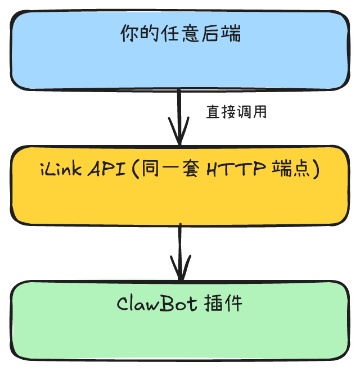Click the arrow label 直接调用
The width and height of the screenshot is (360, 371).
click(236, 112)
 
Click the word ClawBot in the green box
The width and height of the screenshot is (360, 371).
click(156, 304)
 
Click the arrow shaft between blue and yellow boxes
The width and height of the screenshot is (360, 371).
click(179, 110)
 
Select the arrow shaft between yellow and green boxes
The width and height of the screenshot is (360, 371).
click(179, 245)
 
